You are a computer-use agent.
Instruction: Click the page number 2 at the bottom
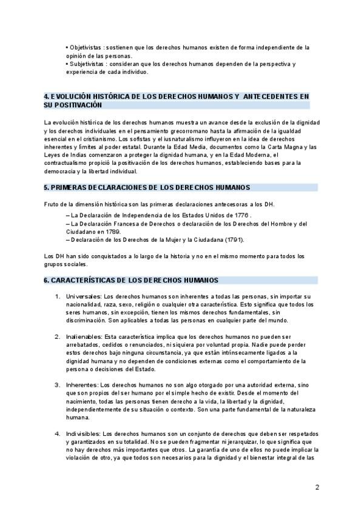pos(317,487)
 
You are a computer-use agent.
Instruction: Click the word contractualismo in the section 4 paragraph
pos(67,163)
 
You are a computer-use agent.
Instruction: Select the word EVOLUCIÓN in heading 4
pos(72,96)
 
